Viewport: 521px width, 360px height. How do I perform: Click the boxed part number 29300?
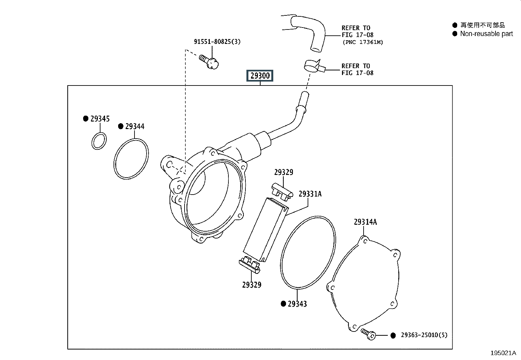pyautogui.click(x=260, y=76)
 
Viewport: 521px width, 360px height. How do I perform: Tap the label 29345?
pyautogui.click(x=100, y=119)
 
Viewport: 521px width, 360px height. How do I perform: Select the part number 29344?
pyautogui.click(x=135, y=126)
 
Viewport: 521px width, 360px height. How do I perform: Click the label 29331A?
pyautogui.click(x=310, y=194)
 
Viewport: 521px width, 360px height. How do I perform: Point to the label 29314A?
pyautogui.click(x=366, y=222)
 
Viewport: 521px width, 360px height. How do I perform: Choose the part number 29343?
pyautogui.click(x=297, y=304)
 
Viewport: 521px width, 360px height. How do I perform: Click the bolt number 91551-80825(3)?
pyautogui.click(x=217, y=42)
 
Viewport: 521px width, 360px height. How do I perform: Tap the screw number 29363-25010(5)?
pyautogui.click(x=424, y=335)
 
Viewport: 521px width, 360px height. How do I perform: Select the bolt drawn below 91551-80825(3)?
pyautogui.click(x=209, y=62)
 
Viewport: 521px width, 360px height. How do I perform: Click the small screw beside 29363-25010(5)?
pyautogui.click(x=368, y=334)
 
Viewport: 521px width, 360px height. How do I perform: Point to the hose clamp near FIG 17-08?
pyautogui.click(x=313, y=66)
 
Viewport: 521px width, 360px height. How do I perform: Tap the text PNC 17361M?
pyautogui.click(x=363, y=42)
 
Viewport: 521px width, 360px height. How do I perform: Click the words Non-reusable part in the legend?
pyautogui.click(x=487, y=34)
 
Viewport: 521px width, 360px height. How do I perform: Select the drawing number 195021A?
pyautogui.click(x=503, y=353)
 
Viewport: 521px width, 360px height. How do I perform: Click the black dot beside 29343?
pyautogui.click(x=283, y=304)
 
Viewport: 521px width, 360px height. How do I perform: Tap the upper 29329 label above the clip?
pyautogui.click(x=284, y=172)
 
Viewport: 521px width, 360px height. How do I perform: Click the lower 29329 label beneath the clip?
pyautogui.click(x=252, y=285)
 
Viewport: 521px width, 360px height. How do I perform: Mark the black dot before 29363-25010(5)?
pyautogui.click(x=393, y=335)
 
